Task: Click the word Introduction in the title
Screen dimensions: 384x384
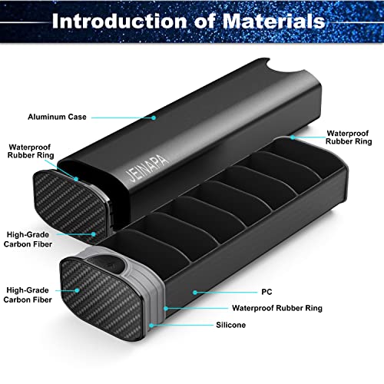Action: click(119, 21)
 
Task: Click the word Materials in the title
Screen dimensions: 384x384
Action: click(273, 21)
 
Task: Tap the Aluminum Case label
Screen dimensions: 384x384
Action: click(57, 117)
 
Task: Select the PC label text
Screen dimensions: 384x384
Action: click(266, 292)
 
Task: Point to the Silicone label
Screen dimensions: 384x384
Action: click(230, 325)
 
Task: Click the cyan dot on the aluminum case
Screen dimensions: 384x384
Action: click(154, 118)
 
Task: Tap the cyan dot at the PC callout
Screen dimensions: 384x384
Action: click(195, 292)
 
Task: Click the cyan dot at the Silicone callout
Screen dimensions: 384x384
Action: click(151, 326)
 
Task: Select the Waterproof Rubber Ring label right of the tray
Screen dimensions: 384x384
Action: click(349, 137)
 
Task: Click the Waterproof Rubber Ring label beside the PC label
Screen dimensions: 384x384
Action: click(277, 308)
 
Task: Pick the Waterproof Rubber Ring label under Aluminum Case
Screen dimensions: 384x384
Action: click(31, 151)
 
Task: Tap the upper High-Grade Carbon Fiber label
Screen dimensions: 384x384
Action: click(28, 240)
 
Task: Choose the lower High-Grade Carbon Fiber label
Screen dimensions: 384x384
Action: click(28, 295)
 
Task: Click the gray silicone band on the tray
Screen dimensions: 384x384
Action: click(154, 294)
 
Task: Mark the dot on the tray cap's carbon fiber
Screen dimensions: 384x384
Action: click(77, 290)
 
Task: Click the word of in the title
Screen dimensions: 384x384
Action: click(204, 21)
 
